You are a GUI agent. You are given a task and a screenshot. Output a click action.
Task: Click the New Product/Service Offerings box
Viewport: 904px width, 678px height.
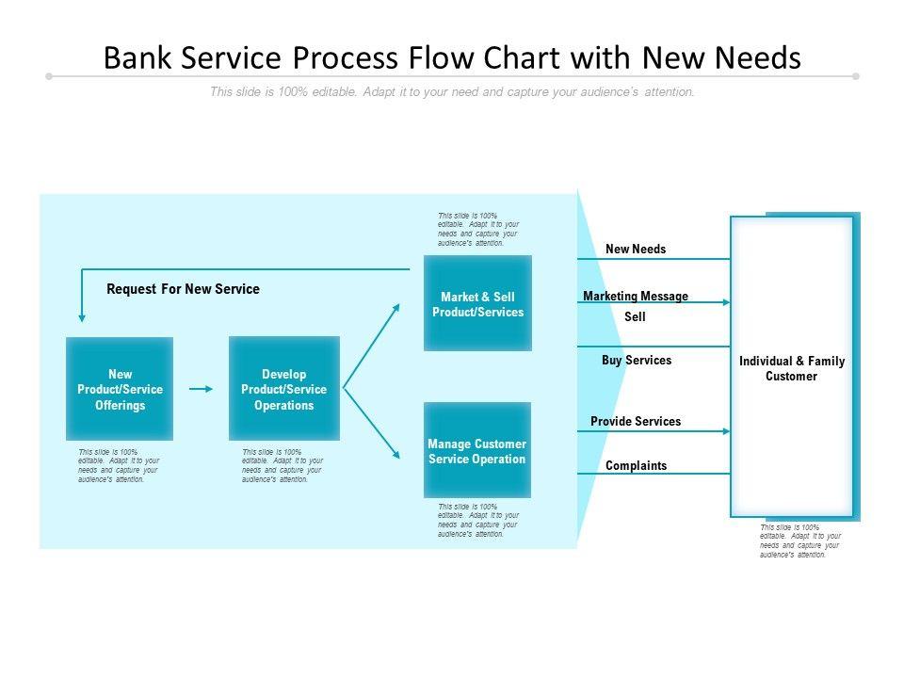click(120, 389)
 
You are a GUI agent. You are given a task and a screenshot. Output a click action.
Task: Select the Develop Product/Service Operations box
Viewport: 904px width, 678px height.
click(283, 389)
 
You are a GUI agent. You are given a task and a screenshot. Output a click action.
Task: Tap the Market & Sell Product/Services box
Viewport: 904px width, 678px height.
click(477, 303)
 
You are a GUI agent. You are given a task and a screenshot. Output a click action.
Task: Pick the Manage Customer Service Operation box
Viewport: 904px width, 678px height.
click(477, 450)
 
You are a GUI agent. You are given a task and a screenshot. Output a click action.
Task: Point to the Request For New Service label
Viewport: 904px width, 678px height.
click(183, 289)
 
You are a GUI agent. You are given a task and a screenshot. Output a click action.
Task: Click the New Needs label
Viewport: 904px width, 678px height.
click(636, 250)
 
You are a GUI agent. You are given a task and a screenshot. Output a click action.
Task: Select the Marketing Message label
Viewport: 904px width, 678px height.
click(636, 296)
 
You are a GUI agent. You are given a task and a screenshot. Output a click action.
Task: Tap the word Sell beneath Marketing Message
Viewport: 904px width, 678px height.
click(636, 317)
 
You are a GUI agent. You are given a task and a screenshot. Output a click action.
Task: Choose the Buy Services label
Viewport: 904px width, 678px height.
click(637, 360)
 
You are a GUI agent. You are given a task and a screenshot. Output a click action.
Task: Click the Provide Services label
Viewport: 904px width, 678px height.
click(636, 421)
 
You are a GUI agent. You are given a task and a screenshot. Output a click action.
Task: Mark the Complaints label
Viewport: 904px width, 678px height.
click(636, 465)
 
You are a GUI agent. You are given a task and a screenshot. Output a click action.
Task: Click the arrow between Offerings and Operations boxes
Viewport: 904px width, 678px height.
click(201, 388)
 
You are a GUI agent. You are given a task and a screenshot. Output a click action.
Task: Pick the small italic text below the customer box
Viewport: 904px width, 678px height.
click(799, 541)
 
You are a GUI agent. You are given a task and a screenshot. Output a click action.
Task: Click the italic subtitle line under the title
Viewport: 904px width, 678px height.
click(452, 92)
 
